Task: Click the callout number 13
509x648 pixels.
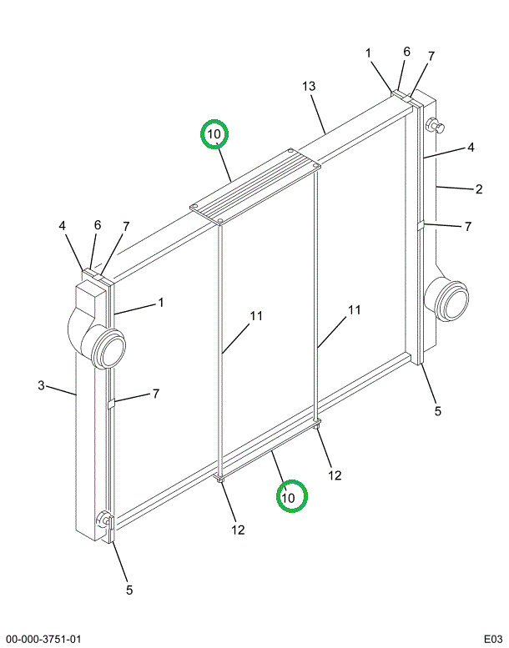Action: click(309, 87)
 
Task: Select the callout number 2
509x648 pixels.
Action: click(479, 189)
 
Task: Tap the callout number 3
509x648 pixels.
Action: click(40, 384)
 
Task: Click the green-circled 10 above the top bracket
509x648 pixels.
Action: click(214, 133)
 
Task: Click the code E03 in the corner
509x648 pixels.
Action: click(489, 639)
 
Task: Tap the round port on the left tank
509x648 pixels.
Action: click(106, 346)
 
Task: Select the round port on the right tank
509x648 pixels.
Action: click(445, 300)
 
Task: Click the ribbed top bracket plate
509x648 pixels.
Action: click(255, 186)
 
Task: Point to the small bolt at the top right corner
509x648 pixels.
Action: click(435, 126)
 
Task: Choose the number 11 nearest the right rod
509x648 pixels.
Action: click(355, 310)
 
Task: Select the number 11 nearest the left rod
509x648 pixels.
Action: click(255, 316)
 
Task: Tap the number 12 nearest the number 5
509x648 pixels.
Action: click(238, 530)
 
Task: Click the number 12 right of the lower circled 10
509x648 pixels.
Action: click(335, 475)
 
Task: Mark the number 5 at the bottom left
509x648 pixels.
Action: click(129, 590)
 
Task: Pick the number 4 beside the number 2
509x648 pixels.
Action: click(471, 148)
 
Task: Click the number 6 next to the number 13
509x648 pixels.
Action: click(406, 52)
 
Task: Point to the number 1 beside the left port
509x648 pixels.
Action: click(160, 302)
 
